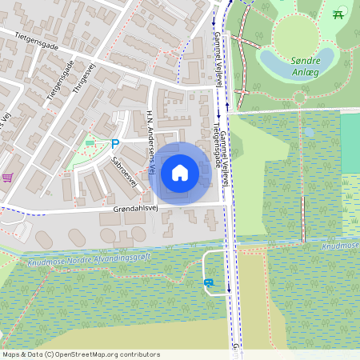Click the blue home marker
pyautogui.click(x=180, y=173)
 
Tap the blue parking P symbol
pyautogui.click(x=115, y=144)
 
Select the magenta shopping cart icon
pyautogui.click(x=7, y=178)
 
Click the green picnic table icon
pyautogui.click(x=338, y=14)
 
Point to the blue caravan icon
pyautogui.click(x=209, y=282)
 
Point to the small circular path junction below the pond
pyautogui.click(x=299, y=98)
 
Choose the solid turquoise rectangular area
pyautogui.click(x=350, y=144)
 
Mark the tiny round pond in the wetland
pyautogui.click(x=310, y=131)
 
